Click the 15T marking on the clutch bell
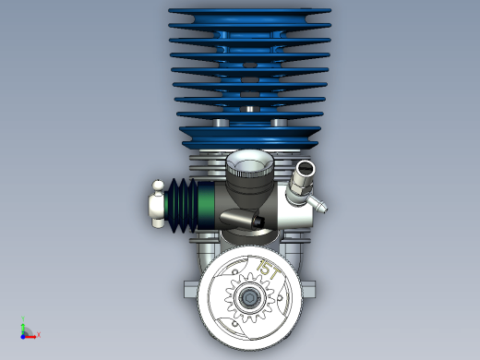click(x=269, y=270)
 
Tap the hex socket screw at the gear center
click(x=249, y=297)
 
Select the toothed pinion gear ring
click(x=249, y=297)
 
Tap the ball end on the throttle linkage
click(x=158, y=186)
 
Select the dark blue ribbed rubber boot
click(x=182, y=205)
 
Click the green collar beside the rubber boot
click(x=206, y=205)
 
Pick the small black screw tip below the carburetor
click(x=258, y=222)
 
